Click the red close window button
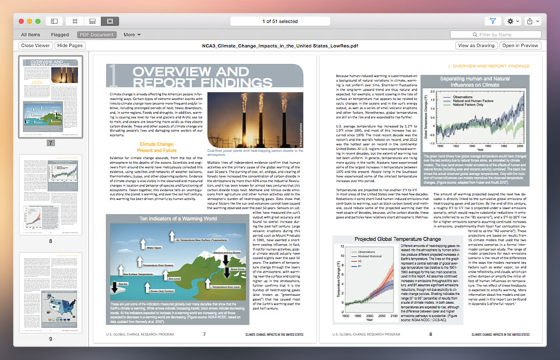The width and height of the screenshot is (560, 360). [21, 21]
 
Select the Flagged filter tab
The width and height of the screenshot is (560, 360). [59, 34]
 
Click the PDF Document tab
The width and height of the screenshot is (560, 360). [97, 34]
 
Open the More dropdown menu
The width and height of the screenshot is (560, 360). [131, 34]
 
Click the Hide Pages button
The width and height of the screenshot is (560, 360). [70, 45]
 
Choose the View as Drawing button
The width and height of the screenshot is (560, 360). [476, 45]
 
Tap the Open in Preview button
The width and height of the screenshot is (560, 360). [520, 45]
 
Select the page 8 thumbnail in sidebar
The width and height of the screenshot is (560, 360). [50, 195]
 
